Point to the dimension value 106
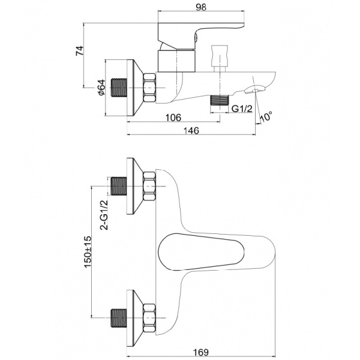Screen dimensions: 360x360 coord(172,118)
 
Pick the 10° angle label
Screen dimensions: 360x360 coord(265,116)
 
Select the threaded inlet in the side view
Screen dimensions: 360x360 coord(119,88)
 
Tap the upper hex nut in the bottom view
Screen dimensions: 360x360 coord(149,187)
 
